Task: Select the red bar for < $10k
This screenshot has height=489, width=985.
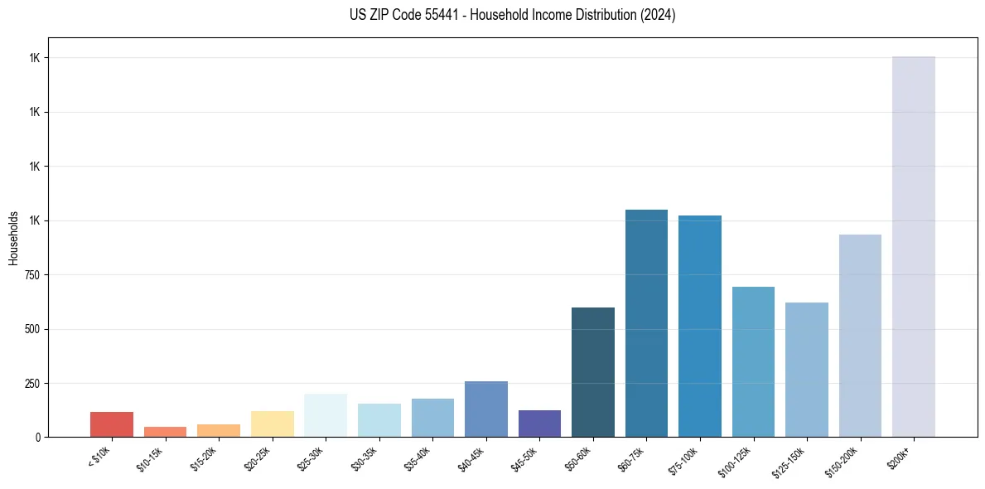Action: [x=112, y=424]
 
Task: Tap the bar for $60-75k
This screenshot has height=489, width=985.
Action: [x=646, y=323]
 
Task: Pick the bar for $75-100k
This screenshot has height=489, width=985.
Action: [x=699, y=327]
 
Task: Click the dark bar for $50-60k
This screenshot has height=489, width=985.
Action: [x=593, y=372]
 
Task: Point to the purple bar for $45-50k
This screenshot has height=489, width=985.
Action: [x=539, y=424]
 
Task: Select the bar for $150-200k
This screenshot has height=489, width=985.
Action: [x=860, y=336]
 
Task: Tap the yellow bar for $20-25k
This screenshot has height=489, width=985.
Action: [x=272, y=424]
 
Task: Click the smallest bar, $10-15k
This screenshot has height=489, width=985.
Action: [x=165, y=432]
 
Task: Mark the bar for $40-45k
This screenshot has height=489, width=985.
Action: [x=486, y=409]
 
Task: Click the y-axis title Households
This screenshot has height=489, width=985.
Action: [x=13, y=237]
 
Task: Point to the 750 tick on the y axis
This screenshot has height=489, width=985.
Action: [x=34, y=275]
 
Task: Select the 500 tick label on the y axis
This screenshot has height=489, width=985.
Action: [x=34, y=329]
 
